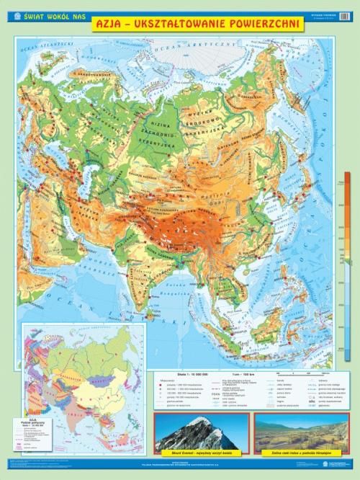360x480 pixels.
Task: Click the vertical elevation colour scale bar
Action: [347, 267]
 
